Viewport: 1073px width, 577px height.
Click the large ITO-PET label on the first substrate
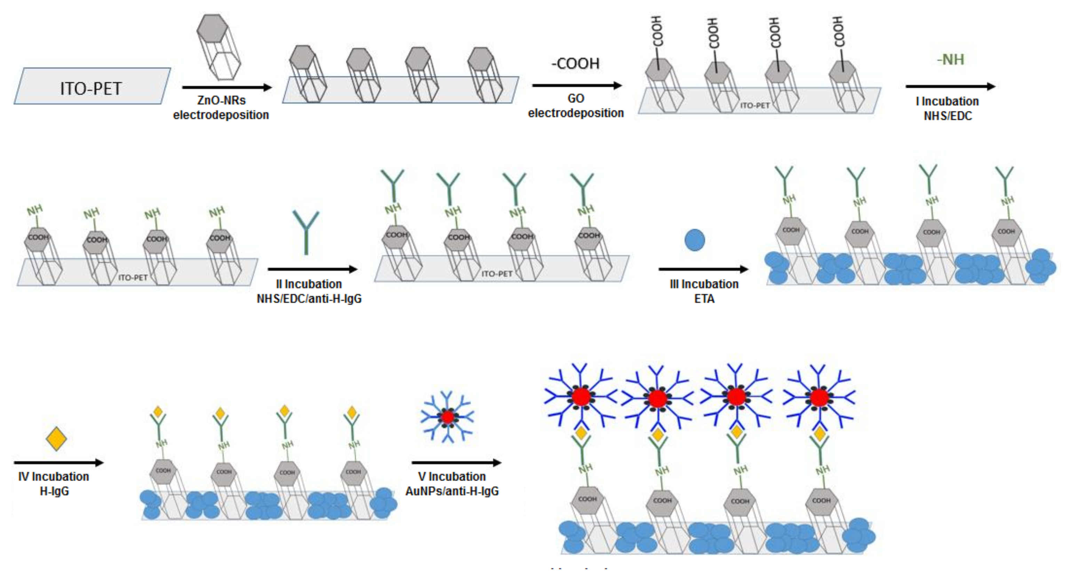pos(91,88)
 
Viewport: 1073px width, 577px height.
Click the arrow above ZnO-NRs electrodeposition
pos(226,87)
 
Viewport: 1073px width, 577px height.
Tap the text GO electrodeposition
pos(576,106)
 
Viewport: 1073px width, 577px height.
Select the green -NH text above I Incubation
pos(950,59)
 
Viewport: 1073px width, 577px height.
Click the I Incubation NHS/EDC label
pos(948,108)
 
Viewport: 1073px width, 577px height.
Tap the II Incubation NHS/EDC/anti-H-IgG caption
pos(309,291)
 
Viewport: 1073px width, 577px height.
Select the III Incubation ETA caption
pos(704,291)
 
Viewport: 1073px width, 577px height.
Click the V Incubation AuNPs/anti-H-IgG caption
pos(452,484)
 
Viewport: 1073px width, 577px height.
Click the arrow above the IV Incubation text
pos(58,463)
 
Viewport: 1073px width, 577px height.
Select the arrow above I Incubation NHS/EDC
pos(950,87)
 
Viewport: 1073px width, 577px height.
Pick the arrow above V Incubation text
pos(456,463)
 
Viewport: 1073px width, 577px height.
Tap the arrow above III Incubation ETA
pos(703,269)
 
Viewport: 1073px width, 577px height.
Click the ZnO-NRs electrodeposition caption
pos(221,107)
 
